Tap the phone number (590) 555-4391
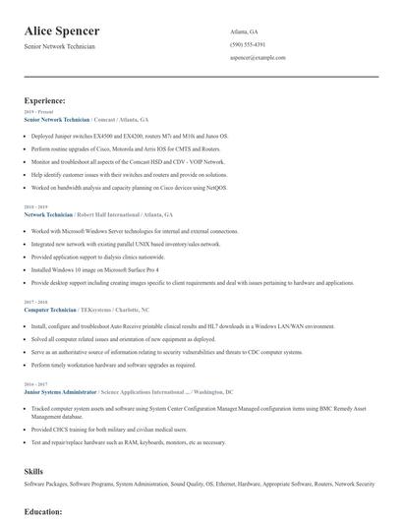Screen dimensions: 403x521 [248, 44]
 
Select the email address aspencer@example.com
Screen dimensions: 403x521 [258, 57]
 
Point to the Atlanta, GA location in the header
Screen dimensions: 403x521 [244, 31]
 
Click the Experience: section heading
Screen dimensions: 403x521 [45, 100]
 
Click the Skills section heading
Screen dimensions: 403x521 [33, 472]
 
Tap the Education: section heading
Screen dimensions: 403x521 [43, 511]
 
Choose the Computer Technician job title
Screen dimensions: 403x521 [50, 309]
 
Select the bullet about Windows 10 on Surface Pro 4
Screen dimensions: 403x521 [94, 268]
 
